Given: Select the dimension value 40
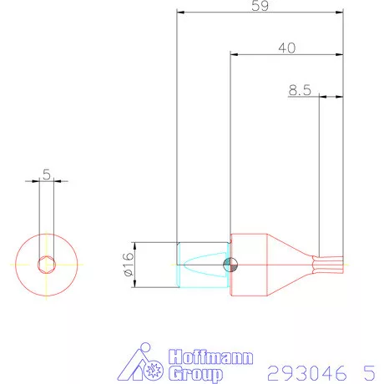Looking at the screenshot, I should click(x=286, y=48).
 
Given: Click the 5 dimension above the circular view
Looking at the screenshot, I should click(x=46, y=174).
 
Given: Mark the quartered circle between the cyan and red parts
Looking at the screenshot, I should click(x=230, y=265).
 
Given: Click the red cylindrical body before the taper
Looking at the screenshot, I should click(x=248, y=265).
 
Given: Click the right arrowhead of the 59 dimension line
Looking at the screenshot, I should click(x=341, y=13).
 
